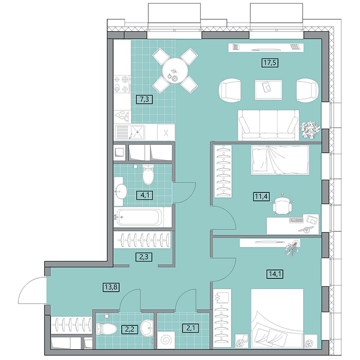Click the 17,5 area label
coord(270,63)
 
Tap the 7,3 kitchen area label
coord(144,99)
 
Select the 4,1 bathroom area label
coord(144,195)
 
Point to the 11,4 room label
coord(262,196)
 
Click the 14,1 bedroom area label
coord(275,274)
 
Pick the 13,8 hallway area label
coord(111,287)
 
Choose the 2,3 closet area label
coord(144,257)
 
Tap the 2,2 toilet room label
coord(130,330)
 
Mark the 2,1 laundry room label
coord(190,328)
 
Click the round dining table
coord(176,71)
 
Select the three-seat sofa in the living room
coord(269,125)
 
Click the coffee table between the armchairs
coord(269,90)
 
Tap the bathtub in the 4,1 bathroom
coord(139,217)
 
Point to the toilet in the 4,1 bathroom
coord(148,175)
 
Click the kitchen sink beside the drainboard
coord(137,132)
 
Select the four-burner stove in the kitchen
coord(123,84)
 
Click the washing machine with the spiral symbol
coord(166,339)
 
